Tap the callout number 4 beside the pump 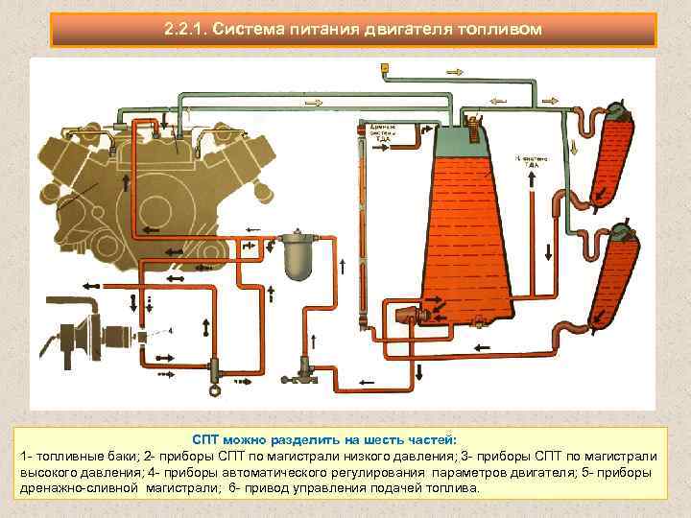pyautogui.click(x=170, y=331)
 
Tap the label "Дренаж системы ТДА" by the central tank pyautogui.click(x=381, y=132)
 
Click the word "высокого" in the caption pyautogui.click(x=51, y=471)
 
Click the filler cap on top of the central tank pyautogui.click(x=474, y=119)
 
